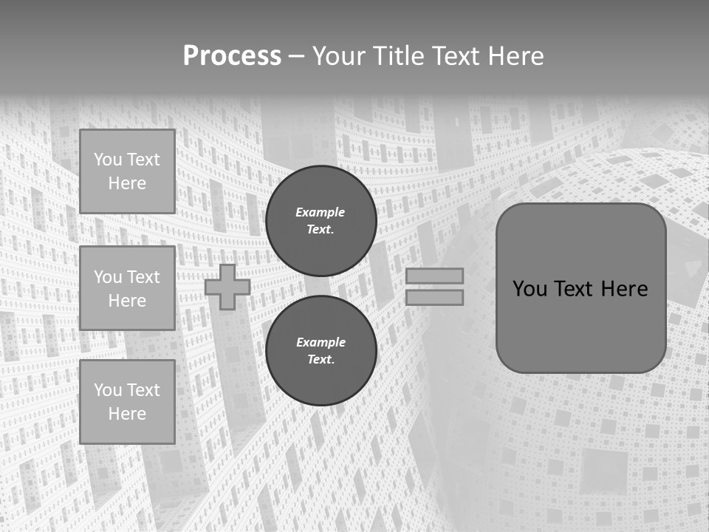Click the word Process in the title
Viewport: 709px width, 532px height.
tap(232, 56)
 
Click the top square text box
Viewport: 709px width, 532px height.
tap(127, 171)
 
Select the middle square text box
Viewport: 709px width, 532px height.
tap(127, 288)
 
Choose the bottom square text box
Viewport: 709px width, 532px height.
tap(127, 402)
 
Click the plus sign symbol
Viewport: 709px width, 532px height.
tap(227, 287)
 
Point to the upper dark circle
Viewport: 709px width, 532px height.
tap(321, 220)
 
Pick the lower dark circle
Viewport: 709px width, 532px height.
tap(321, 350)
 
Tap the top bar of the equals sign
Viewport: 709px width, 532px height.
tap(434, 276)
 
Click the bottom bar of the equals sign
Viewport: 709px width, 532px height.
tap(434, 298)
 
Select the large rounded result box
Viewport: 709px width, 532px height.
tap(580, 288)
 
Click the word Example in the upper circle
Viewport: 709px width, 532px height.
tap(321, 212)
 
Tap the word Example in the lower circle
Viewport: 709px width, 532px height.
tap(321, 342)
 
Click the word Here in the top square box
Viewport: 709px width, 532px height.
tap(127, 183)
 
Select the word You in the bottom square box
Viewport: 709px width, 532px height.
tap(108, 390)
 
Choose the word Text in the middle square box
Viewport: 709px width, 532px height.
tap(143, 277)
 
